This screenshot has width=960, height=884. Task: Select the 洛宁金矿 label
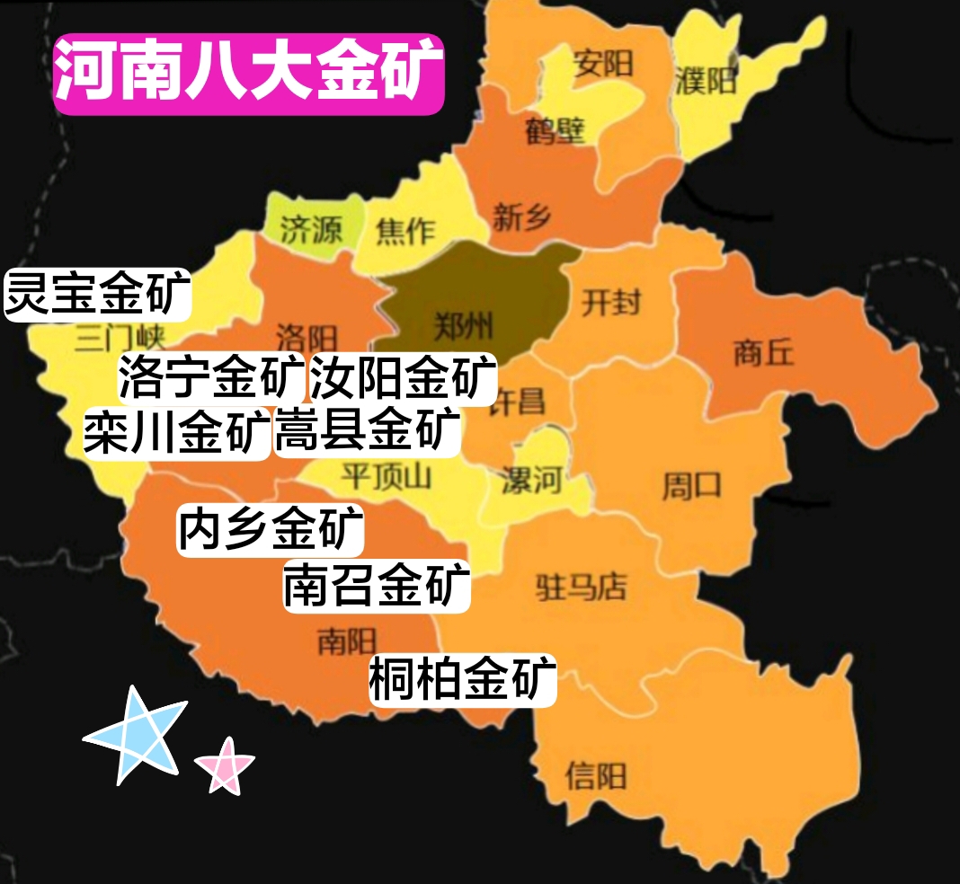point(212,378)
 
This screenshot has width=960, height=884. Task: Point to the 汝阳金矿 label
point(403,378)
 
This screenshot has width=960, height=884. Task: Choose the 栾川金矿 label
point(177,434)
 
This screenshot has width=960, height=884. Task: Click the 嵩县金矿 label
point(368,431)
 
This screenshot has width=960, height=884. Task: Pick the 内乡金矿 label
point(271,530)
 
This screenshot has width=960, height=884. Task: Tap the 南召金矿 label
point(378,587)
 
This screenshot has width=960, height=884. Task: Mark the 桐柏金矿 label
point(463,679)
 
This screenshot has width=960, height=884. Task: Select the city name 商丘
point(764,352)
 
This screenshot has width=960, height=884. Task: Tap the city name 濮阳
point(706,81)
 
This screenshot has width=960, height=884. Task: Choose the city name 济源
point(312,231)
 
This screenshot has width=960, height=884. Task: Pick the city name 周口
point(691,486)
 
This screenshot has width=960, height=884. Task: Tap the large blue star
point(137,735)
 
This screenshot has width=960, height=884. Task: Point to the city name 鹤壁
point(556,132)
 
